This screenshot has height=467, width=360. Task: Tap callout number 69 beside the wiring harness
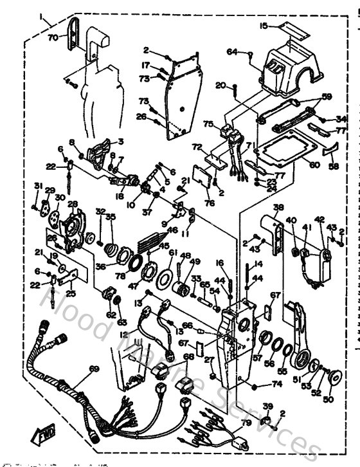click(94, 369)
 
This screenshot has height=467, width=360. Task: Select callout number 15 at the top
click(264, 26)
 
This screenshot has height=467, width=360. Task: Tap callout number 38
click(278, 207)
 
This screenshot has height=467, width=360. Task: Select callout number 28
click(73, 205)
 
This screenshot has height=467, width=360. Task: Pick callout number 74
click(277, 384)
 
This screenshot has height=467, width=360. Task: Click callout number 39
click(267, 406)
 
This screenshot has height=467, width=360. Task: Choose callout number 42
click(319, 219)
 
